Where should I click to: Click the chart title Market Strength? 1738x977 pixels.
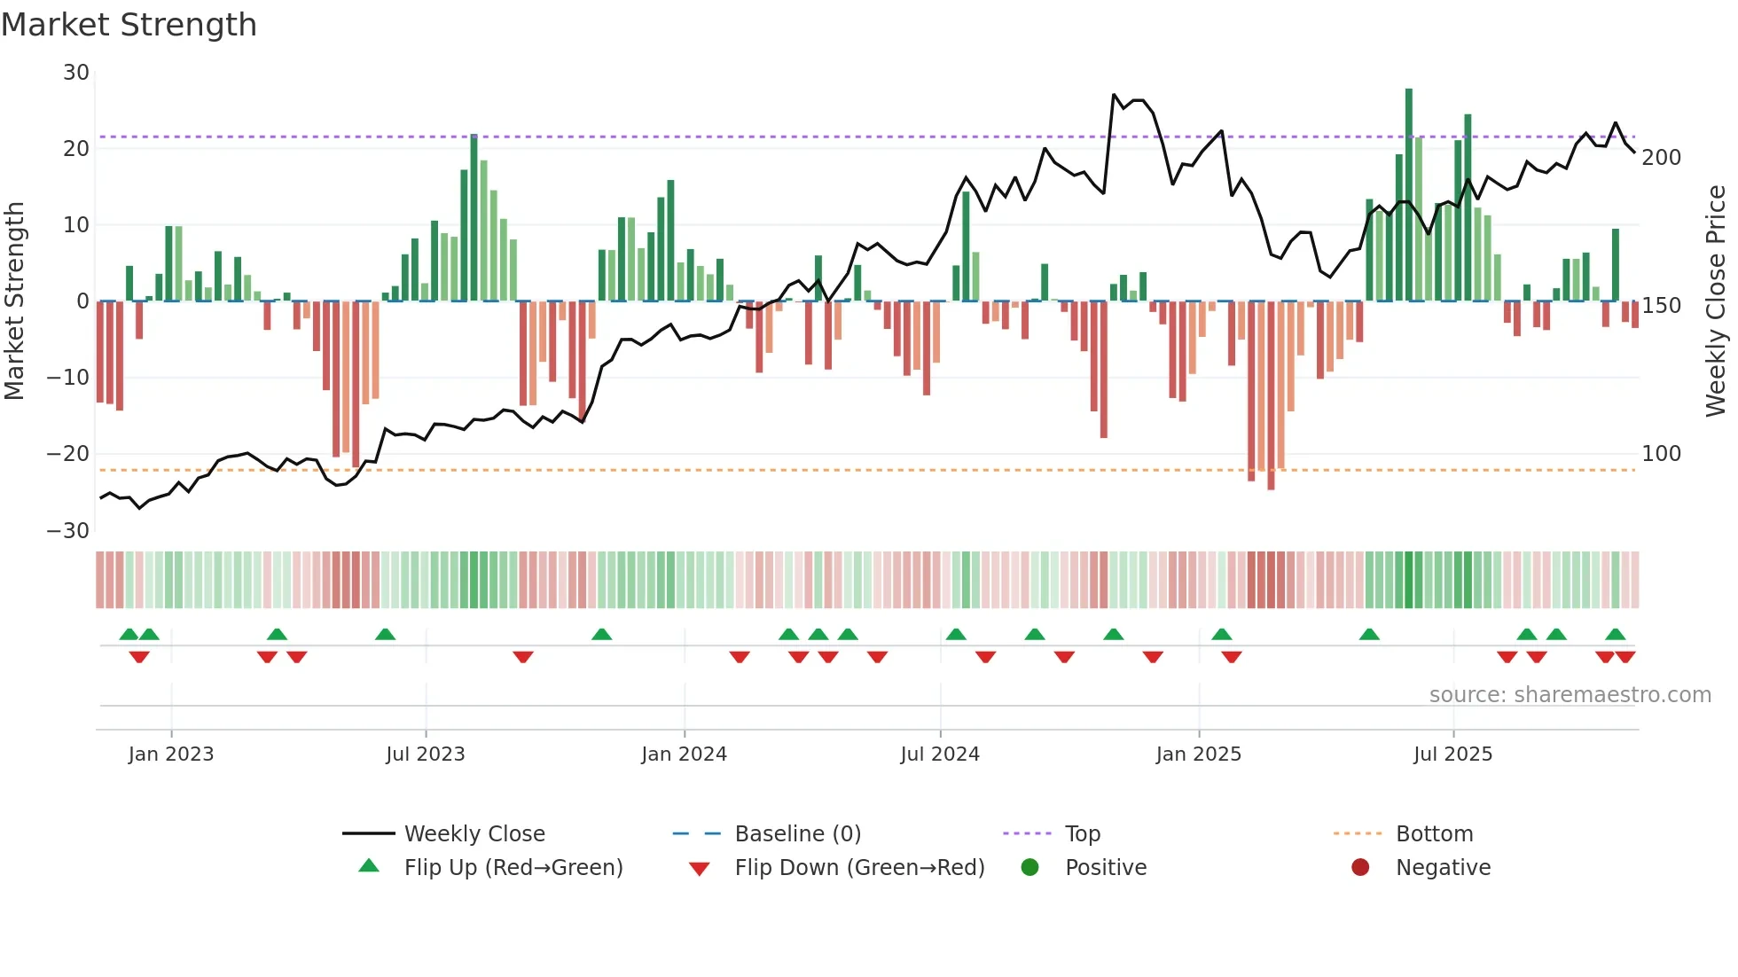click(x=129, y=25)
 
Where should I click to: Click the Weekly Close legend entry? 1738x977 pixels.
click(x=474, y=833)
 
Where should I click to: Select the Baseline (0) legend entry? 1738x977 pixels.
click(x=797, y=833)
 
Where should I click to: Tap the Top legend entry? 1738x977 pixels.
click(x=1082, y=833)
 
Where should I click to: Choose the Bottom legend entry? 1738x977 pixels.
click(x=1434, y=833)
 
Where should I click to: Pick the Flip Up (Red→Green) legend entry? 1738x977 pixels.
click(x=513, y=867)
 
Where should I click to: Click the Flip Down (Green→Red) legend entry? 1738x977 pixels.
click(x=858, y=867)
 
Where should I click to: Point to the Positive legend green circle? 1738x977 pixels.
click(x=1029, y=867)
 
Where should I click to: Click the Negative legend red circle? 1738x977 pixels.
click(x=1360, y=867)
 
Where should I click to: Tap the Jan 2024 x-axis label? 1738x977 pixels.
click(x=684, y=754)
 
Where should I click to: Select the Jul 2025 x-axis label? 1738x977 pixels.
click(x=1452, y=754)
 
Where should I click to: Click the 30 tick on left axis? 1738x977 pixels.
click(x=76, y=73)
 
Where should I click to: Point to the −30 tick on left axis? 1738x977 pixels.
click(x=68, y=530)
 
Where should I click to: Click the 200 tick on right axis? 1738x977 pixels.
click(x=1661, y=158)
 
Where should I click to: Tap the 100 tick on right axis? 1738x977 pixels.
click(x=1661, y=454)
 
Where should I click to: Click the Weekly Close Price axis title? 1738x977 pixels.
click(x=1716, y=301)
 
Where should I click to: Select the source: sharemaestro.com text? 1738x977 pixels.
click(x=1570, y=694)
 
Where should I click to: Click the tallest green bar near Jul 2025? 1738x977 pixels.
click(x=1408, y=195)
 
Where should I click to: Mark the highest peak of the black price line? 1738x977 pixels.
click(x=1115, y=94)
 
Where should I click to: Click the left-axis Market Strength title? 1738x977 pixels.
click(x=15, y=301)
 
